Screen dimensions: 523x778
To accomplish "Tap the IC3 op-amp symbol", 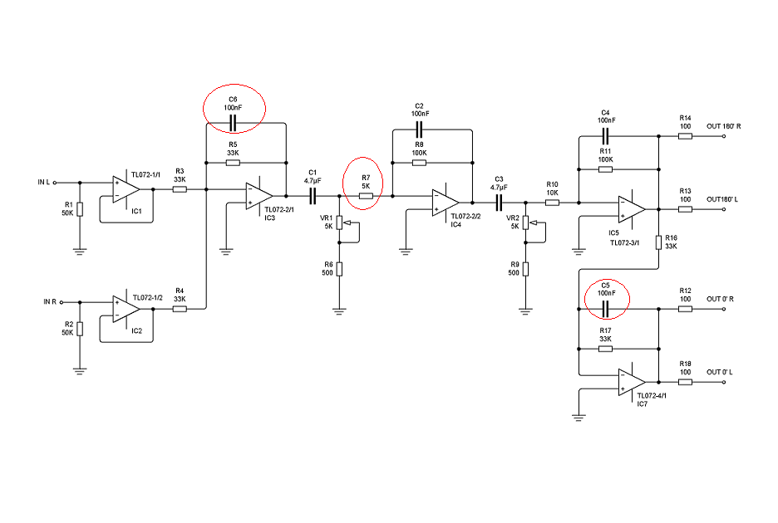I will pyautogui.click(x=258, y=196).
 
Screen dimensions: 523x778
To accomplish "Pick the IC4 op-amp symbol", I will pyautogui.click(x=445, y=202).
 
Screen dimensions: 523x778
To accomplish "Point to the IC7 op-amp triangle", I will pyautogui.click(x=631, y=383).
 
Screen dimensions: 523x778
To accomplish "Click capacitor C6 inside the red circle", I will pyautogui.click(x=233, y=124).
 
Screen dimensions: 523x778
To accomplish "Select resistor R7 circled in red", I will pyautogui.click(x=365, y=196).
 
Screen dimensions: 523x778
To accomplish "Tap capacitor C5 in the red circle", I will pyautogui.click(x=606, y=309).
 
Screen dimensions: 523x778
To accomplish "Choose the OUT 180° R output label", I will pyautogui.click(x=723, y=126).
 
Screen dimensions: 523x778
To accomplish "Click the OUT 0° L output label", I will pyautogui.click(x=720, y=372).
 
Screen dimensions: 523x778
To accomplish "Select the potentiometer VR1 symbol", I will pyautogui.click(x=339, y=225).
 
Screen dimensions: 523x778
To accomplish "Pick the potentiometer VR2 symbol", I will pyautogui.click(x=524, y=225).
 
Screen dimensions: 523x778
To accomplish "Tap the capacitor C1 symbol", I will pyautogui.click(x=313, y=196).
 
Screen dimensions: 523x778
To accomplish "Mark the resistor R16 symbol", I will pyautogui.click(x=658, y=242).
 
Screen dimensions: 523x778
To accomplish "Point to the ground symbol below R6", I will pyautogui.click(x=339, y=310).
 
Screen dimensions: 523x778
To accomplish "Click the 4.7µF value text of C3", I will pyautogui.click(x=499, y=187).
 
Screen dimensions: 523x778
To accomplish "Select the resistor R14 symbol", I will pyautogui.click(x=685, y=137).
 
